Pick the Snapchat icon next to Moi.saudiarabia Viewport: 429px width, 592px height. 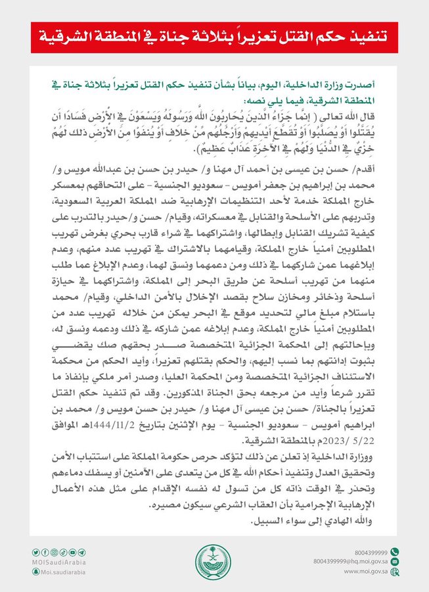(34, 572)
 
